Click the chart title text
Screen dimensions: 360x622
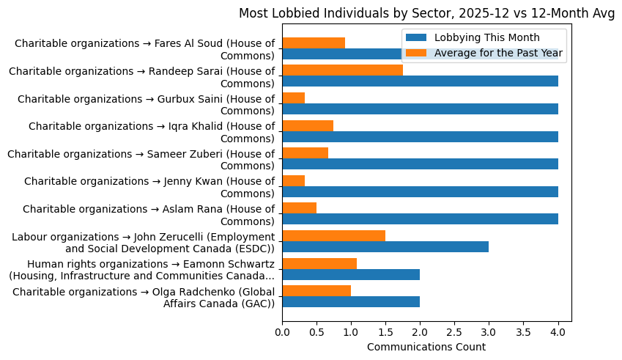[x=426, y=12]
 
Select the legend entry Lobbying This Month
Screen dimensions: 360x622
[x=486, y=37]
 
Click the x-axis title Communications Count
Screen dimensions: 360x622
[x=426, y=346]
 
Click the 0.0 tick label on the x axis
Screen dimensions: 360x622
[x=282, y=332]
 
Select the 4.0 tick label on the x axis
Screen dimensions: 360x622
[x=558, y=332]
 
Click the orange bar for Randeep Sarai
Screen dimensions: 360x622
[x=342, y=70]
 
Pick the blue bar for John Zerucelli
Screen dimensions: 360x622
[x=385, y=246]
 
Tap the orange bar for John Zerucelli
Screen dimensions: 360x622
[x=333, y=235]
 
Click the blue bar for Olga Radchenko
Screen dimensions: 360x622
[x=351, y=301]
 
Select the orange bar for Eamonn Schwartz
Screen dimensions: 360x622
[x=319, y=263]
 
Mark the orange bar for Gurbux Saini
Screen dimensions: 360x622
[x=293, y=98]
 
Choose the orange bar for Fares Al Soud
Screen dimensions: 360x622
[x=314, y=43]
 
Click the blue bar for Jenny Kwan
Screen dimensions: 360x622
[x=420, y=191]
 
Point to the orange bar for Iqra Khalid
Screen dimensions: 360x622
[x=308, y=125]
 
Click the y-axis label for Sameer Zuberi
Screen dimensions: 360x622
[x=141, y=159]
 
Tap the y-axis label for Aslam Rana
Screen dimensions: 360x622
[x=149, y=214]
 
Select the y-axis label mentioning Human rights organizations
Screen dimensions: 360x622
[x=141, y=269]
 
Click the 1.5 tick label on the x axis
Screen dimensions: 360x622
[x=385, y=332]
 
